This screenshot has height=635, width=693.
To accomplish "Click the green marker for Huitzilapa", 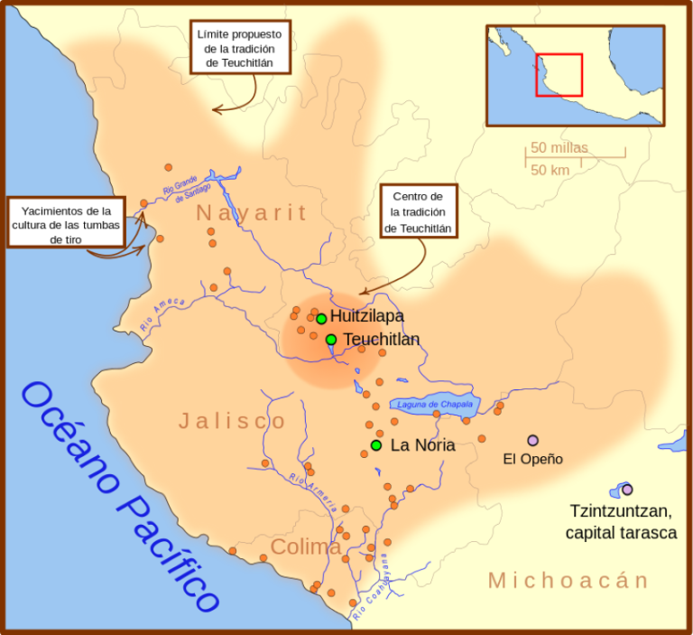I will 321,318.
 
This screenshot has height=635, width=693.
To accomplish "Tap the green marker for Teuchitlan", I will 331,340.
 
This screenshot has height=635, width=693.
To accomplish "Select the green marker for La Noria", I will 376,445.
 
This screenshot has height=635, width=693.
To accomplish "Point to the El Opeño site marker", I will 532,440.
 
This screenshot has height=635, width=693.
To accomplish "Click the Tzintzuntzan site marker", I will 627,490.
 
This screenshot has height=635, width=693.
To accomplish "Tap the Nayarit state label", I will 252,213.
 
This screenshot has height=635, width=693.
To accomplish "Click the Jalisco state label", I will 232,421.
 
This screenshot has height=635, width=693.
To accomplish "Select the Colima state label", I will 306,547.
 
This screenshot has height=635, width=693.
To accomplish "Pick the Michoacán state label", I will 568,580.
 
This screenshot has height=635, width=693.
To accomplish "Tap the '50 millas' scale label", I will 559,147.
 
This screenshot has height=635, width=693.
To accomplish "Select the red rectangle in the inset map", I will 559,75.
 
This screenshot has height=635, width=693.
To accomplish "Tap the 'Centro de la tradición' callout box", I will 418,212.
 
